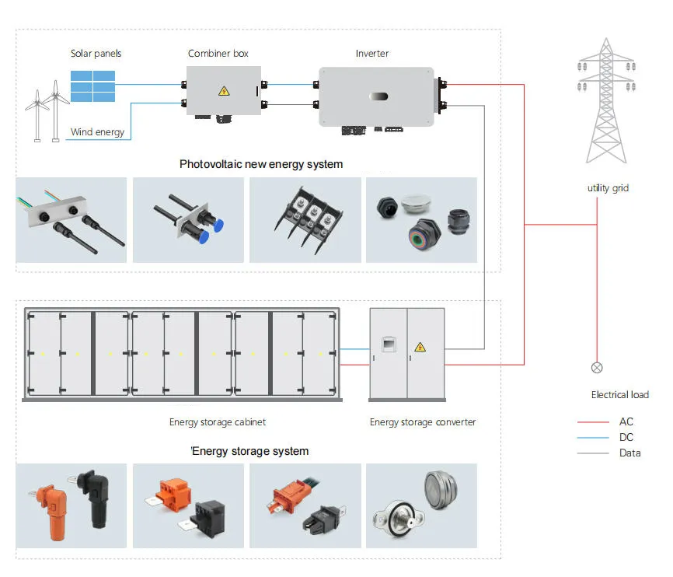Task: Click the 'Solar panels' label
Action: (96, 54)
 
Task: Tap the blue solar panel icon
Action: (93, 86)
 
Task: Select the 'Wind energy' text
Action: (97, 132)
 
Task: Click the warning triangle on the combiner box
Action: (224, 91)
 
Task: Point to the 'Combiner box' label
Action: (219, 54)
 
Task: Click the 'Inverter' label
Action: (372, 54)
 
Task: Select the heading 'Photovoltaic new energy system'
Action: (261, 164)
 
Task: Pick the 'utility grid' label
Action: (608, 188)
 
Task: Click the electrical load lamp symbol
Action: (597, 368)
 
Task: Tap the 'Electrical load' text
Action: (619, 395)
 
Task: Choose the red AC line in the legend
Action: (592, 422)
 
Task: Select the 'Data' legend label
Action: (629, 453)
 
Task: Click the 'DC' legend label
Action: (626, 437)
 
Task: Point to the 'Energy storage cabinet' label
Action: (218, 422)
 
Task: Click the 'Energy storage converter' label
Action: (423, 422)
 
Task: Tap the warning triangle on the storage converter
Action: (420, 347)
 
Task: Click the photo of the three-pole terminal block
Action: (305, 220)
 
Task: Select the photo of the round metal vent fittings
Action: (421, 505)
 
